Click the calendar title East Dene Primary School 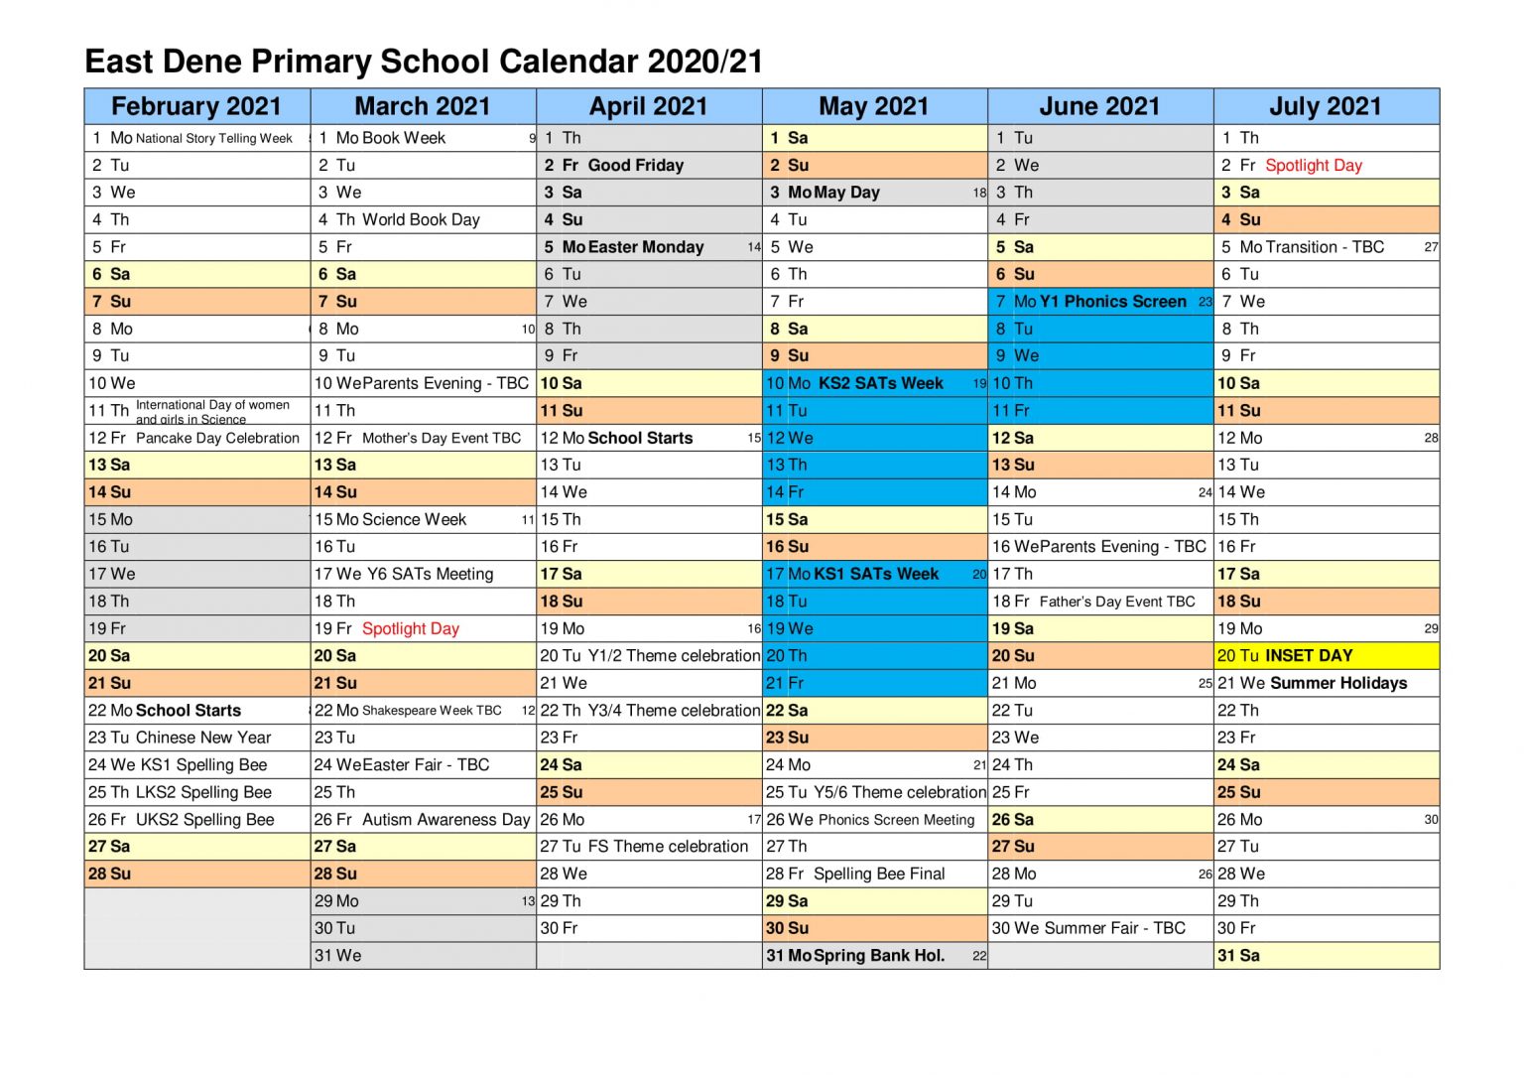click(424, 62)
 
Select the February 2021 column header click(196, 106)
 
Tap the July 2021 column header click(1326, 106)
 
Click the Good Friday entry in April click(635, 165)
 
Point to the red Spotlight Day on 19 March click(411, 628)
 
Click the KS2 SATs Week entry click(880, 383)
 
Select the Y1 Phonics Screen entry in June click(1112, 301)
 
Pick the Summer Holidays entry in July click(1338, 683)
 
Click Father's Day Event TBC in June click(1117, 602)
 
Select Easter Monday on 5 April click(646, 247)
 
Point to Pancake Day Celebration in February click(217, 438)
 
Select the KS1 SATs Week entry click(876, 574)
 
